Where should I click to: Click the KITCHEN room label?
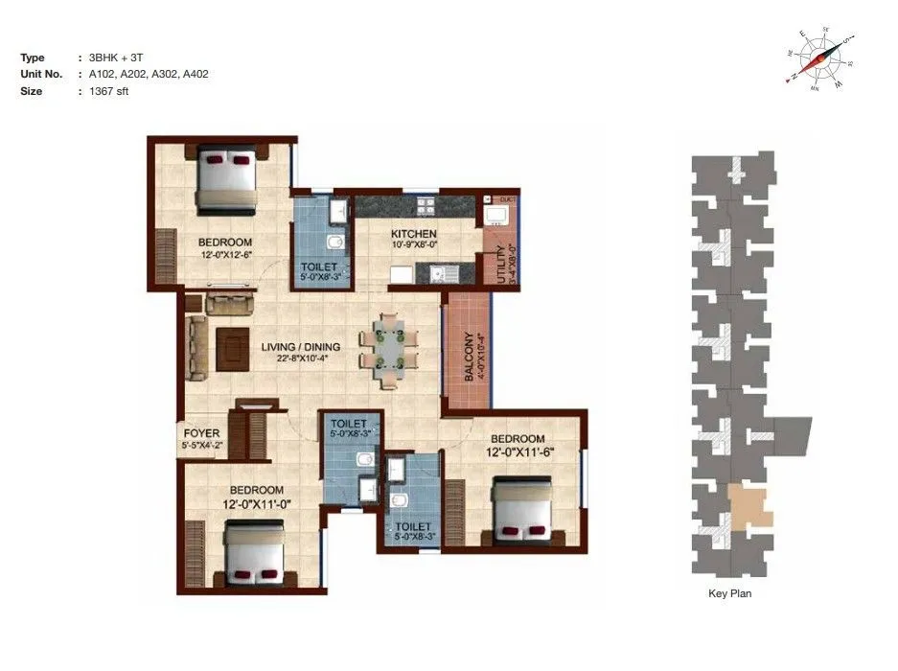(414, 234)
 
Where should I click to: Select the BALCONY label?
(469, 358)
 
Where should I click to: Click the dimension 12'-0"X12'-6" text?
(226, 255)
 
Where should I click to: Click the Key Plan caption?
(729, 594)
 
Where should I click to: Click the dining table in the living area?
(389, 350)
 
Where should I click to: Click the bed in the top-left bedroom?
(228, 179)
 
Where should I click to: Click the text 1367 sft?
(108, 91)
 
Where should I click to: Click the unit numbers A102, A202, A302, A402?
(149, 74)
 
